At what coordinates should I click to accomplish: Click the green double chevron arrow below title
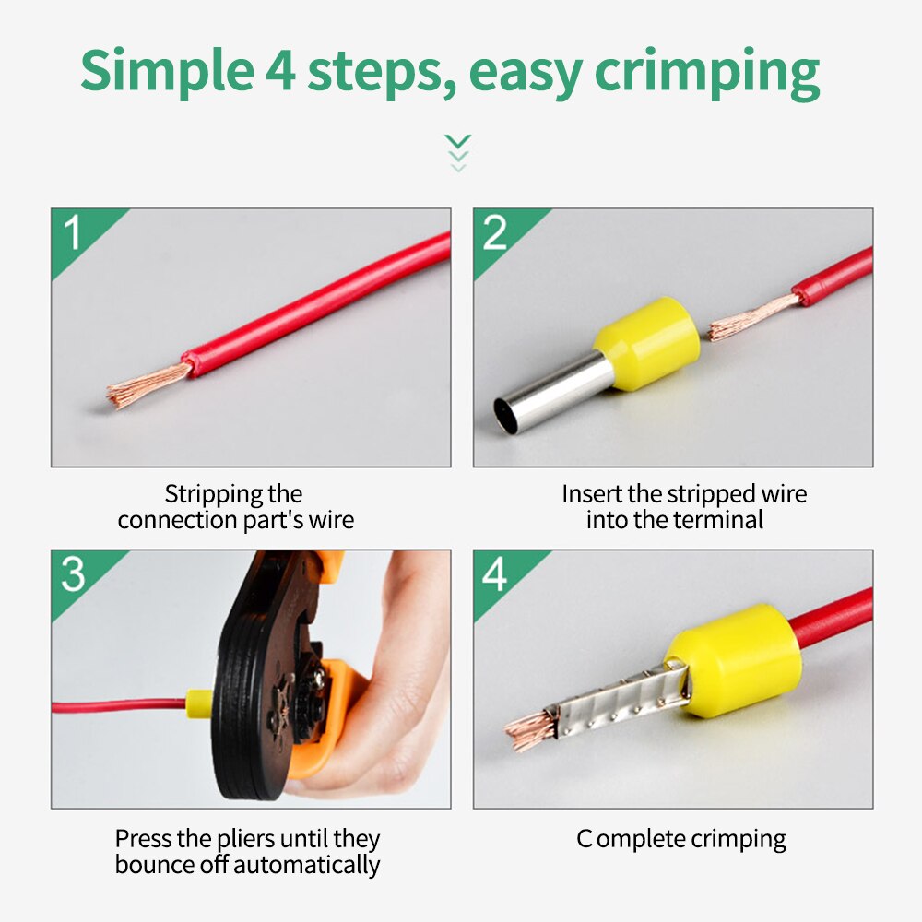point(457,152)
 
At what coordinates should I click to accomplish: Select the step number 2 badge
point(495,233)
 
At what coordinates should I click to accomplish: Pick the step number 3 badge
point(73,574)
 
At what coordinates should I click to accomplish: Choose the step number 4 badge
point(495,574)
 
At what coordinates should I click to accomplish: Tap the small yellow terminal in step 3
point(195,705)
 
